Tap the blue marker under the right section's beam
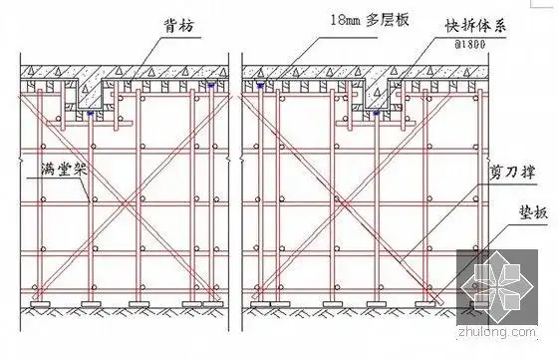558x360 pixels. pos(376,114)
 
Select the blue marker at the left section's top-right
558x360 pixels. pos(212,87)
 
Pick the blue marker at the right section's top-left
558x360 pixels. pos(259,87)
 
